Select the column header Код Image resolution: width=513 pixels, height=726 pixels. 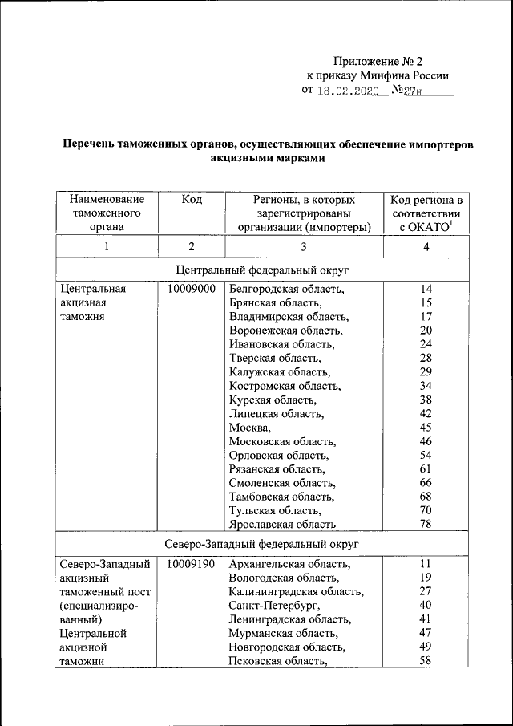pyautogui.click(x=192, y=199)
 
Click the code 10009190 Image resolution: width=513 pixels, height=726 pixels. pyautogui.click(x=192, y=564)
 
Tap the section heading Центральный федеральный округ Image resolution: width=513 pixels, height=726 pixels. pyautogui.click(x=262, y=268)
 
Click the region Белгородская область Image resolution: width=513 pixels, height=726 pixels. pyautogui.click(x=286, y=288)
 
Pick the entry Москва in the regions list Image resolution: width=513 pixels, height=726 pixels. pyautogui.click(x=249, y=428)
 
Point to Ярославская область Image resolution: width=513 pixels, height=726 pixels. pyautogui.click(x=281, y=525)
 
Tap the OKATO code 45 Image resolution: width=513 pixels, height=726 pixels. pyautogui.click(x=426, y=428)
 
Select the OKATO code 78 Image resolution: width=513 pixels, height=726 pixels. pyautogui.click(x=426, y=525)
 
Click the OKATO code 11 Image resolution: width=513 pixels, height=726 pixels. pyautogui.click(x=426, y=564)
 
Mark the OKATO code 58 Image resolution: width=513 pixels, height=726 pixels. pyautogui.click(x=426, y=661)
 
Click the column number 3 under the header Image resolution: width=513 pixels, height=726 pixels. pyautogui.click(x=304, y=247)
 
